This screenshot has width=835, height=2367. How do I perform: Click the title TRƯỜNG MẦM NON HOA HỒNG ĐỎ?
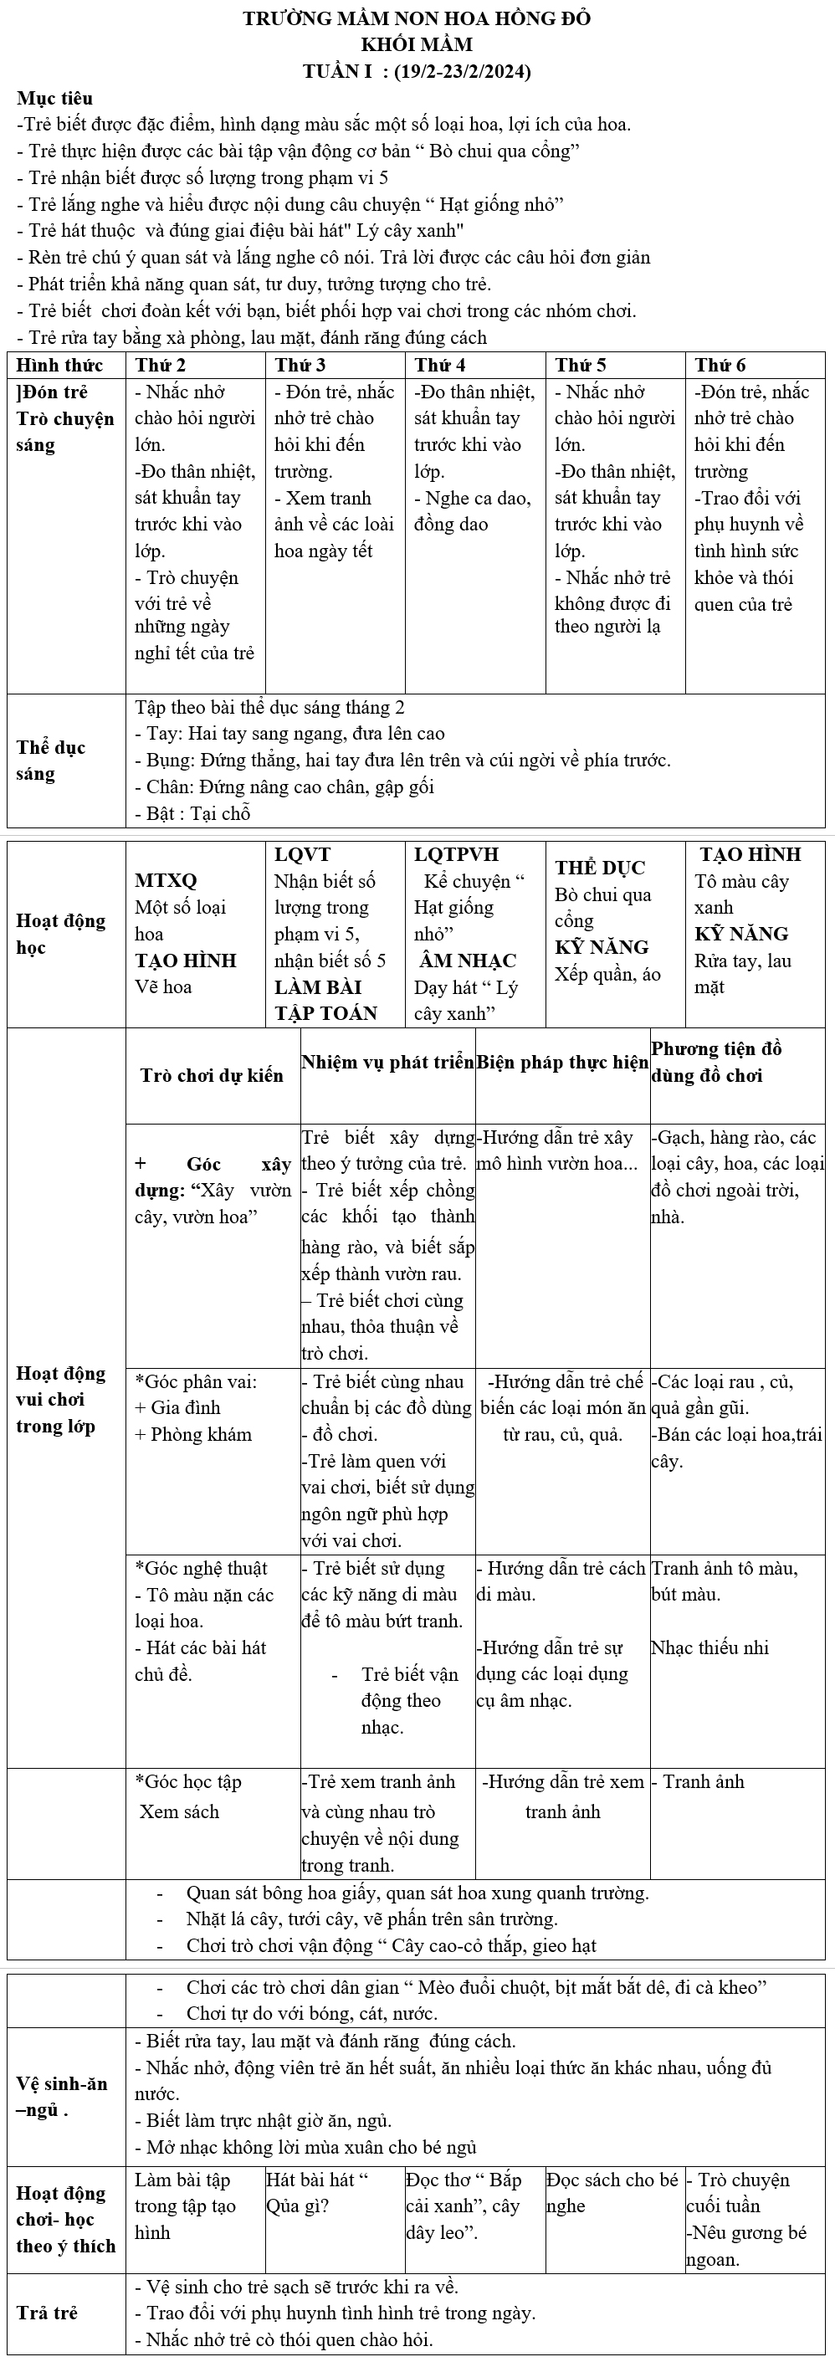[417, 18]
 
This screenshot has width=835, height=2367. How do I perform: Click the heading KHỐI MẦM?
[417, 45]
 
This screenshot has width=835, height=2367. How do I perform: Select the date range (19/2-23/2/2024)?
[461, 72]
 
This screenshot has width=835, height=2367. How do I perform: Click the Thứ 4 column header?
[440, 365]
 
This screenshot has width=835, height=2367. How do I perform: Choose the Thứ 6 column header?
[720, 365]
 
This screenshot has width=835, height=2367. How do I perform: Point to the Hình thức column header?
[59, 365]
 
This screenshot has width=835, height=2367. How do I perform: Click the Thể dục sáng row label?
[50, 760]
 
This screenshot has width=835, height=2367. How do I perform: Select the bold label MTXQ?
[166, 880]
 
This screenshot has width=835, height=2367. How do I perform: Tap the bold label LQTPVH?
[457, 853]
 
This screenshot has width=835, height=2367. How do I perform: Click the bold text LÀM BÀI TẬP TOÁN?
[326, 1000]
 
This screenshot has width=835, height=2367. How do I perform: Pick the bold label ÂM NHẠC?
[467, 961]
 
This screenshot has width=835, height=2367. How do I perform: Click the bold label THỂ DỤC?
[600, 868]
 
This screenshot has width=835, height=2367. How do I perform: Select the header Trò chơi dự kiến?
[213, 1075]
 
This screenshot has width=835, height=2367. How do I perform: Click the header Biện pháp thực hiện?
[562, 1063]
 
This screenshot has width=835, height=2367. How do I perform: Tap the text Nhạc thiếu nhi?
[710, 1647]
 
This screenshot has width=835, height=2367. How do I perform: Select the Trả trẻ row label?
[47, 2312]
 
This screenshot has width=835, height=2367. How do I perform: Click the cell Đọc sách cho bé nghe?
[612, 2191]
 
